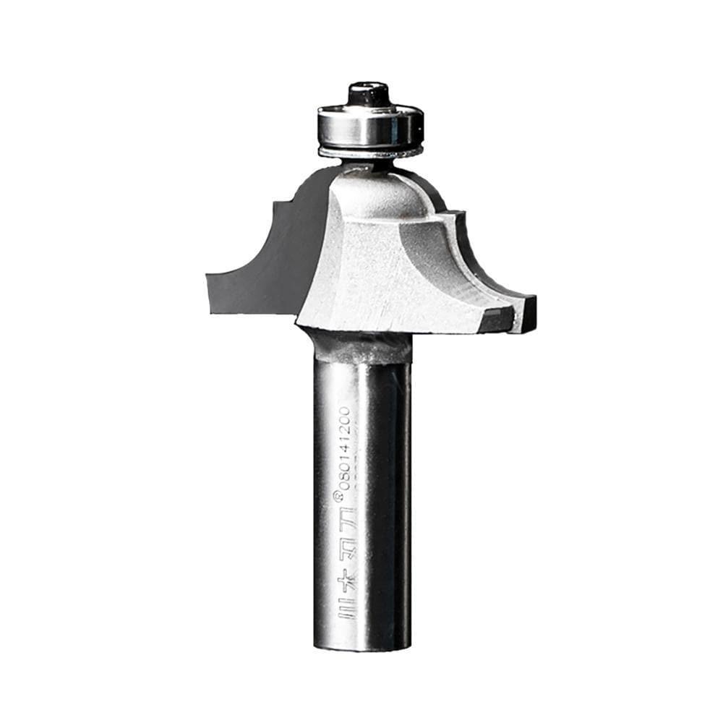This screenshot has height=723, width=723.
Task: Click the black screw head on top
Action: coord(369,95)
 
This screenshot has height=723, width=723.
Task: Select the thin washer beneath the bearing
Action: coord(369,152)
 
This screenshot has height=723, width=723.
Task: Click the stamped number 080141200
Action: coord(345,448)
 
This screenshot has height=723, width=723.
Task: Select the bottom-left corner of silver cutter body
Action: coord(299,319)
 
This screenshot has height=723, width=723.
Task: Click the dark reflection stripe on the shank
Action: coord(387,506)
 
